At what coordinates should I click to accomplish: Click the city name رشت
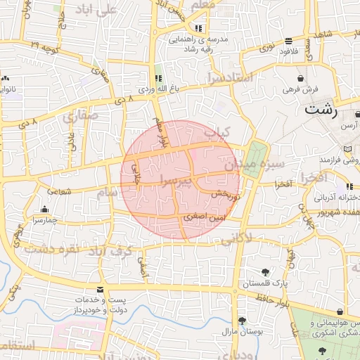coord(321,110)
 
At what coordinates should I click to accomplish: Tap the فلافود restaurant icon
coord(289,41)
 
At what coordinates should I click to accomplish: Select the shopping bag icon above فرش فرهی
coord(301,78)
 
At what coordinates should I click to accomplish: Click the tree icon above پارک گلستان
coord(264,273)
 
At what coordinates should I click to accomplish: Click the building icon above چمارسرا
coord(45,209)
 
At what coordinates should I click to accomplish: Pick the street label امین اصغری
coord(203,219)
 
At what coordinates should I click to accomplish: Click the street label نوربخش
coord(226,193)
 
